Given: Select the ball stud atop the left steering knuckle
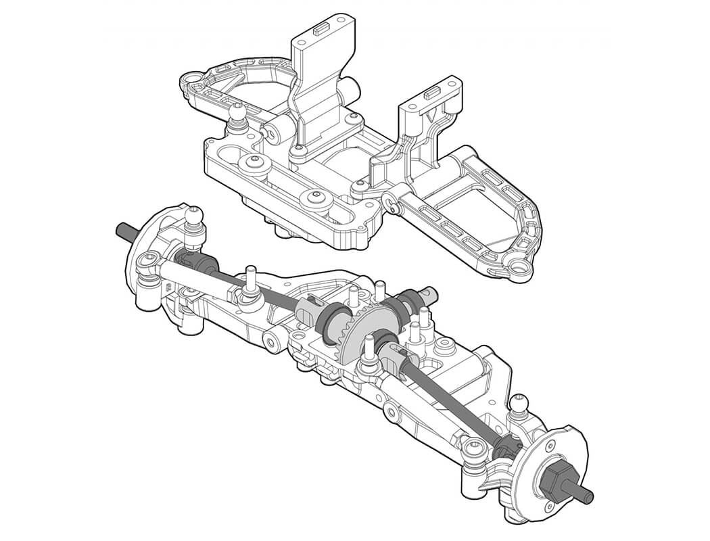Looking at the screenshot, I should point(193,216).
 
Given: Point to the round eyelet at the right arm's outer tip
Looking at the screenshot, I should point(520,270).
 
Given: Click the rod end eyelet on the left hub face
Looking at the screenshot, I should point(149,260).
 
